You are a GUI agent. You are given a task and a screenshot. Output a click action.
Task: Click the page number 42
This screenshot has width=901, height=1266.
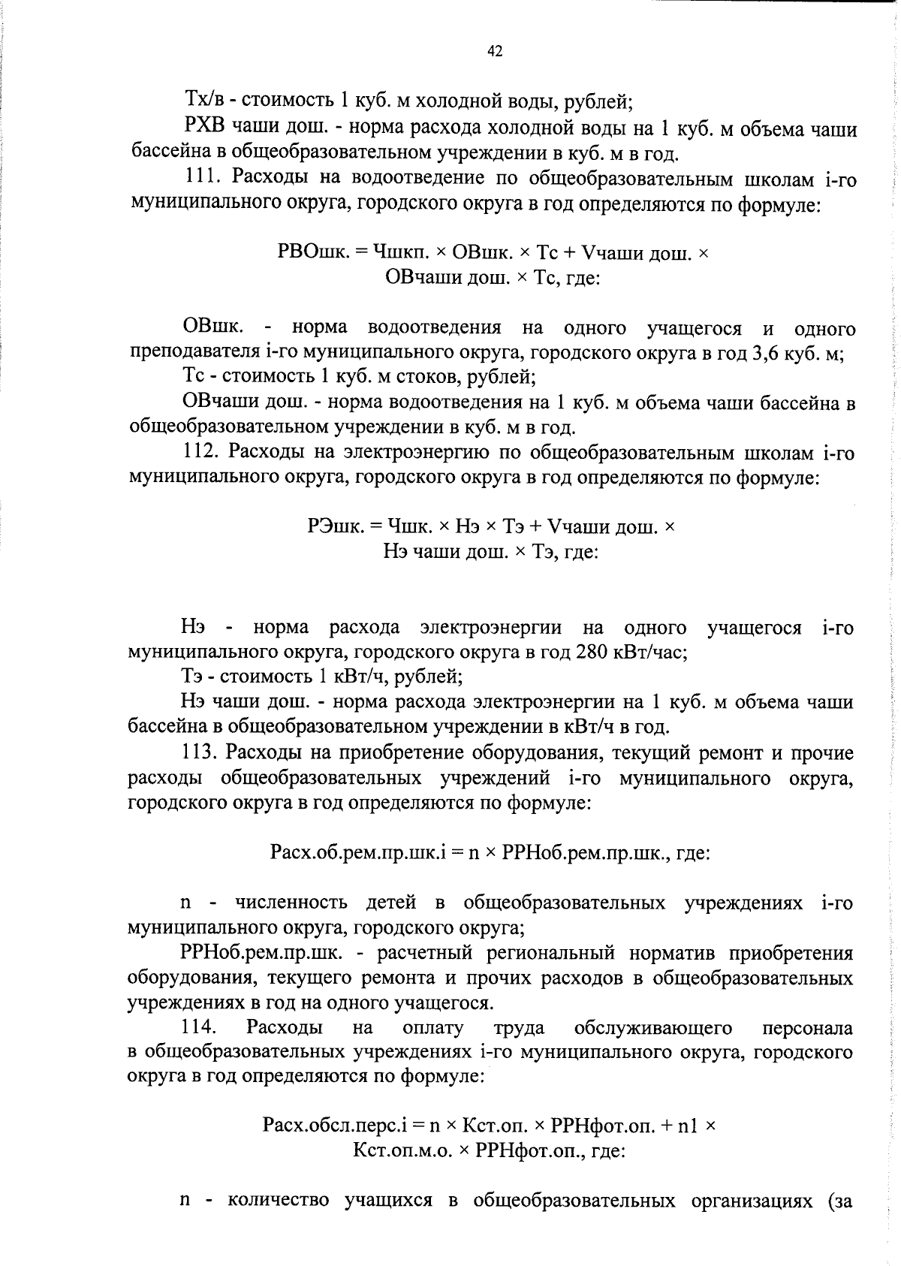coord(495,51)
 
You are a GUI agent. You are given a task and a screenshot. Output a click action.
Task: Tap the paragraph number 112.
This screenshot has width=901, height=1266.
coord(200,452)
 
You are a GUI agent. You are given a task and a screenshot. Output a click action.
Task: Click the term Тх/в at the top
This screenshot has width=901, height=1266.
coord(200,99)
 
